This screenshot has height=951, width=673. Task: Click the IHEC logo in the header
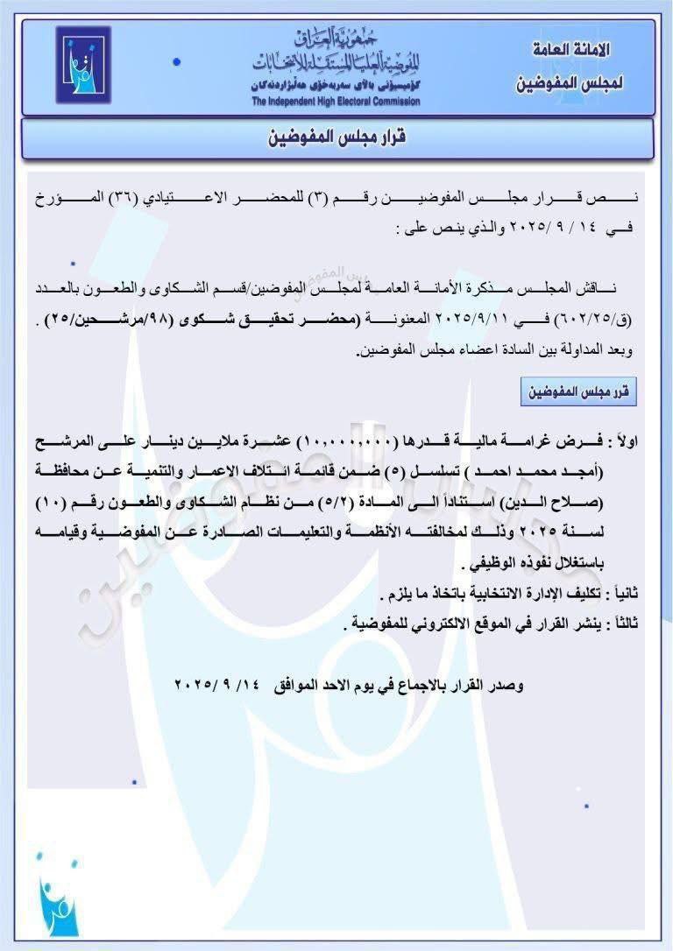[83, 65]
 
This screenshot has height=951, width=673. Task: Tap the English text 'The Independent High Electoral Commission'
[336, 102]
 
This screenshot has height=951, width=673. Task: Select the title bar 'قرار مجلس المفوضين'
[337, 138]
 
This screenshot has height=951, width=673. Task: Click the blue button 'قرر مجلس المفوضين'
[578, 392]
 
